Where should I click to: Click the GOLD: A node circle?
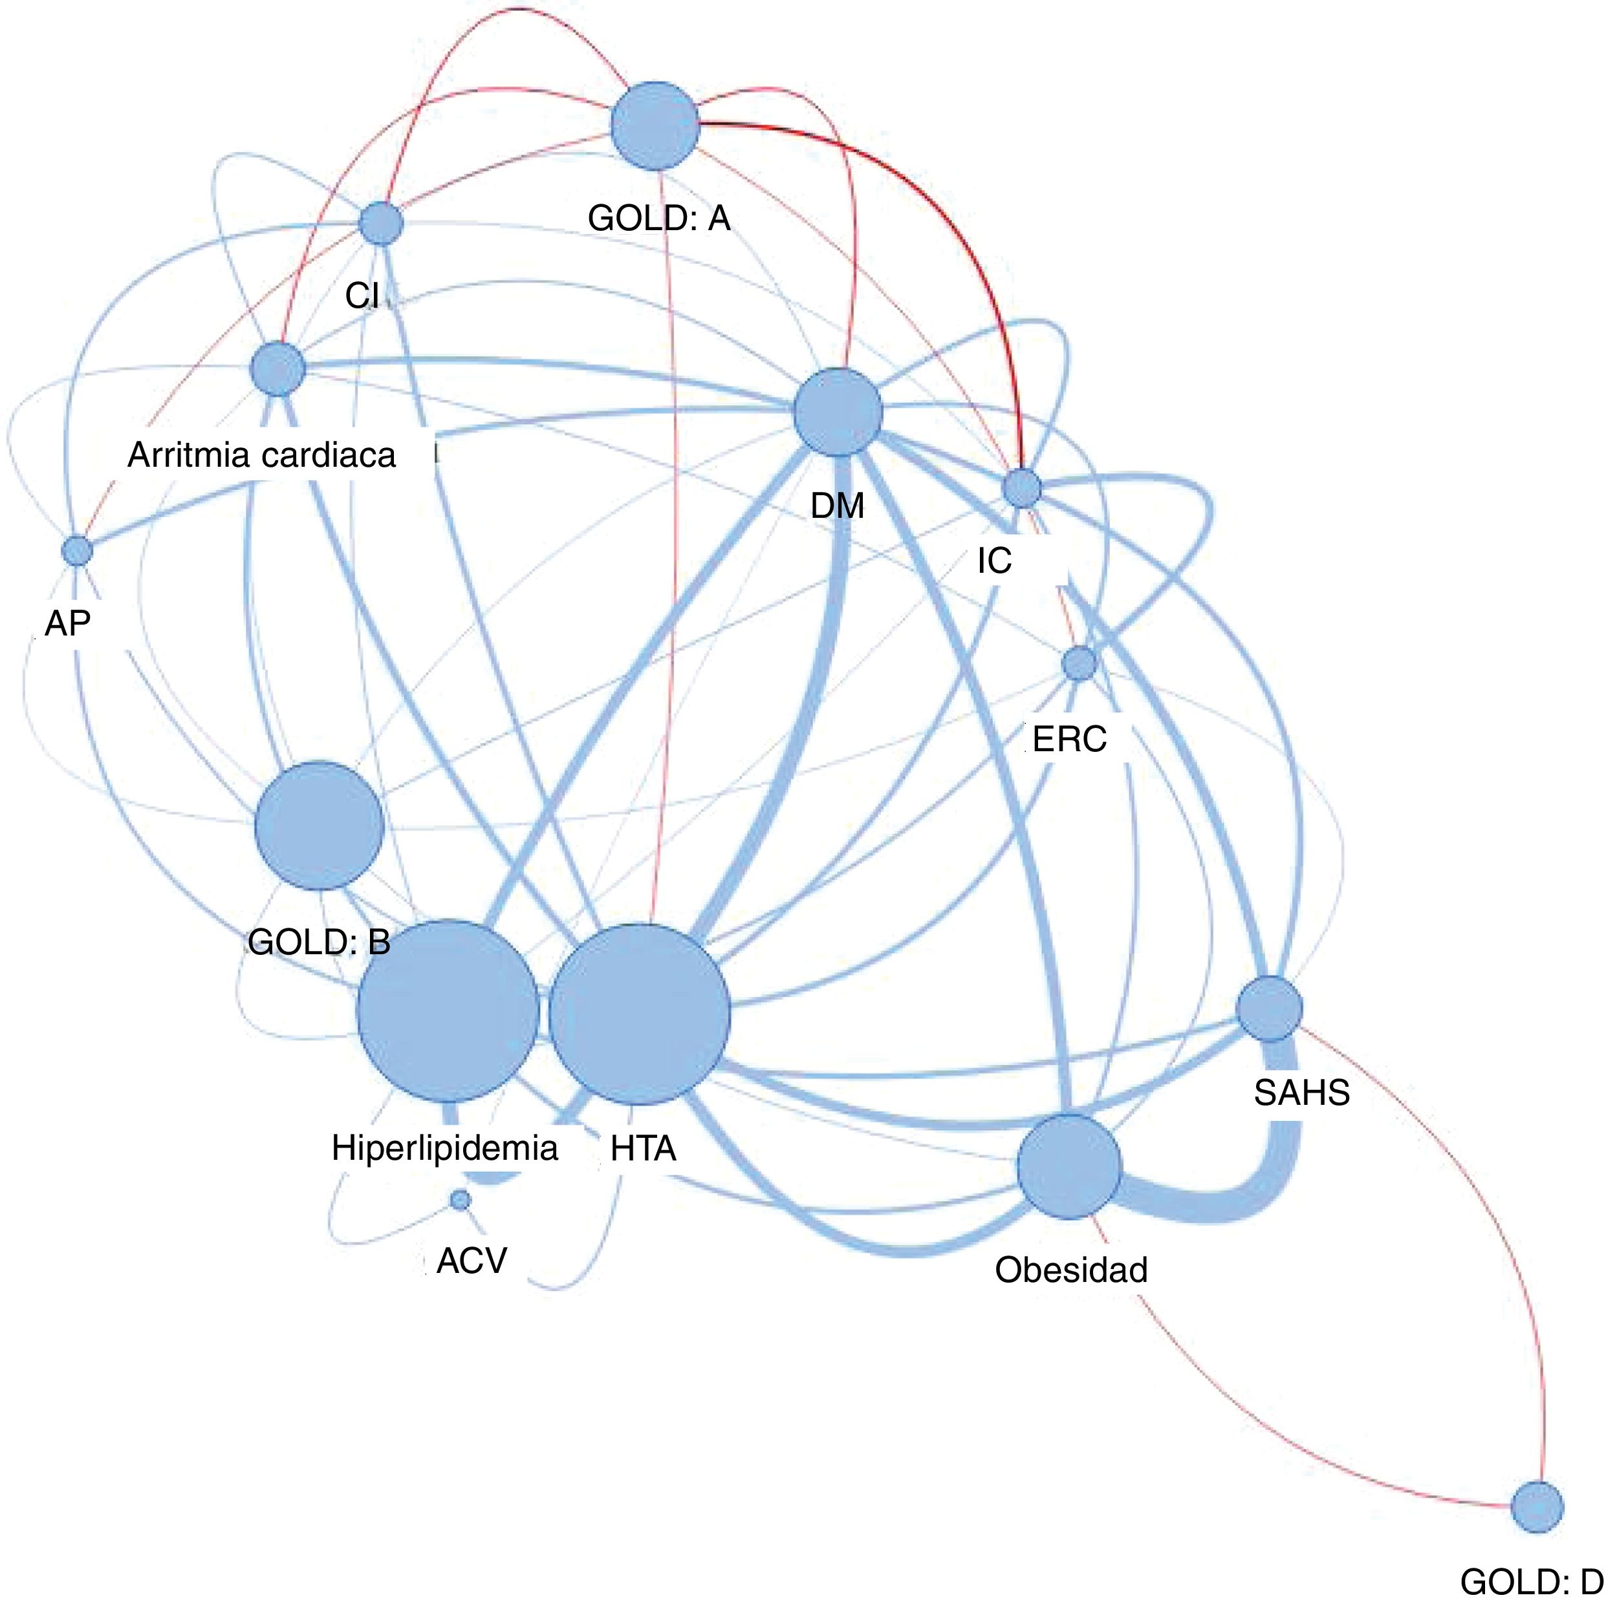[x=655, y=125]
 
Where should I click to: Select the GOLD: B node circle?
[x=320, y=825]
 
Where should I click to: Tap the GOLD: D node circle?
[x=1537, y=1506]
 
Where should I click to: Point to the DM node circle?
[x=837, y=412]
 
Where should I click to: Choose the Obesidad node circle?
[x=1069, y=1167]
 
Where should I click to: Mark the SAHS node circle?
[x=1269, y=1009]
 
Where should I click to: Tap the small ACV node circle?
[x=460, y=1200]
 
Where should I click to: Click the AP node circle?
[x=78, y=550]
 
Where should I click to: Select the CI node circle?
[x=382, y=224]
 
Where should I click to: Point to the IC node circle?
[x=1022, y=487]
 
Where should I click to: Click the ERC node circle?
[x=1079, y=664]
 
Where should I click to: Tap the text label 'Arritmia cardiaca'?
[x=262, y=455]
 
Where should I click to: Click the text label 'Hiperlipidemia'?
[x=445, y=1148]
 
